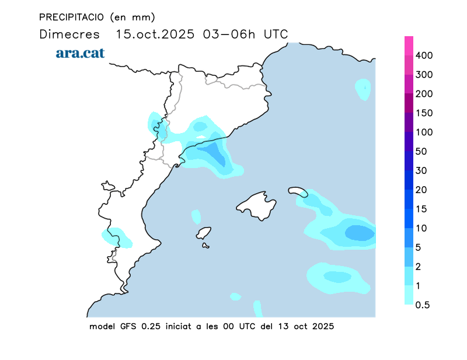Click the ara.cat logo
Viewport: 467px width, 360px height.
pyautogui.click(x=80, y=53)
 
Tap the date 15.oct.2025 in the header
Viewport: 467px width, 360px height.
pyautogui.click(x=156, y=34)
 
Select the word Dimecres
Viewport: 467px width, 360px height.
pyautogui.click(x=68, y=34)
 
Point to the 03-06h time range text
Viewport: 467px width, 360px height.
pyautogui.click(x=229, y=34)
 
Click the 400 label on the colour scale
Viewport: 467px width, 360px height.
pyautogui.click(x=424, y=55)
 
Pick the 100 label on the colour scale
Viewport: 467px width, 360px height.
pyautogui.click(x=424, y=132)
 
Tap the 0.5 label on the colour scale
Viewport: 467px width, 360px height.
pyautogui.click(x=423, y=305)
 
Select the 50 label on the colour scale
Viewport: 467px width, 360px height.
pyautogui.click(x=421, y=152)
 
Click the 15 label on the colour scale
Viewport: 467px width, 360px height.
pyautogui.click(x=421, y=209)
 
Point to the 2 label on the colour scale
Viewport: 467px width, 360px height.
pyautogui.click(x=419, y=267)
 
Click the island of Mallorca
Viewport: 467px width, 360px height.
pyautogui.click(x=257, y=205)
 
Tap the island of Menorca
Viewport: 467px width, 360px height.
pyautogui.click(x=298, y=191)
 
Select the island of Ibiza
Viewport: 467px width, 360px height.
pyautogui.click(x=203, y=233)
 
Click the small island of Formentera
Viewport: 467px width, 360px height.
pyautogui.click(x=205, y=246)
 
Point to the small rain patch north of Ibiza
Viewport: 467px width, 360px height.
pyautogui.click(x=196, y=216)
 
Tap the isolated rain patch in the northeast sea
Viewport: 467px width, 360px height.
pyautogui.click(x=364, y=89)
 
